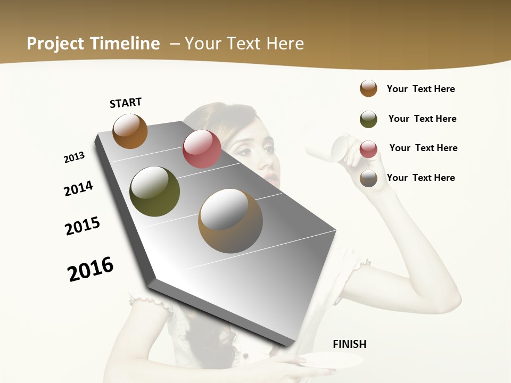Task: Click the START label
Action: (126, 103)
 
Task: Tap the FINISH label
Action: (349, 344)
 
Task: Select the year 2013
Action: (74, 157)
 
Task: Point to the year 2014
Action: (78, 188)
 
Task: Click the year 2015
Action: (83, 226)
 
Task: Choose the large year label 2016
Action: (90, 269)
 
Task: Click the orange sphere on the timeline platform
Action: (130, 131)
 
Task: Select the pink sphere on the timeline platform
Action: (202, 149)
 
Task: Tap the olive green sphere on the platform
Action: (155, 191)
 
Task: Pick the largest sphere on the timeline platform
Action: (230, 221)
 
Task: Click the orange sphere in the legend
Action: (368, 88)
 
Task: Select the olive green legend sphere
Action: (368, 119)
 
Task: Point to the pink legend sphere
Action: (368, 149)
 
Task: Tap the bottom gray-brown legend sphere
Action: (368, 178)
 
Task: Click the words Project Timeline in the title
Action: (93, 44)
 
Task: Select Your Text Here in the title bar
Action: (244, 44)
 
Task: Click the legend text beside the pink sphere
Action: (423, 148)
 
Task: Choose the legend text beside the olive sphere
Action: (422, 119)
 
